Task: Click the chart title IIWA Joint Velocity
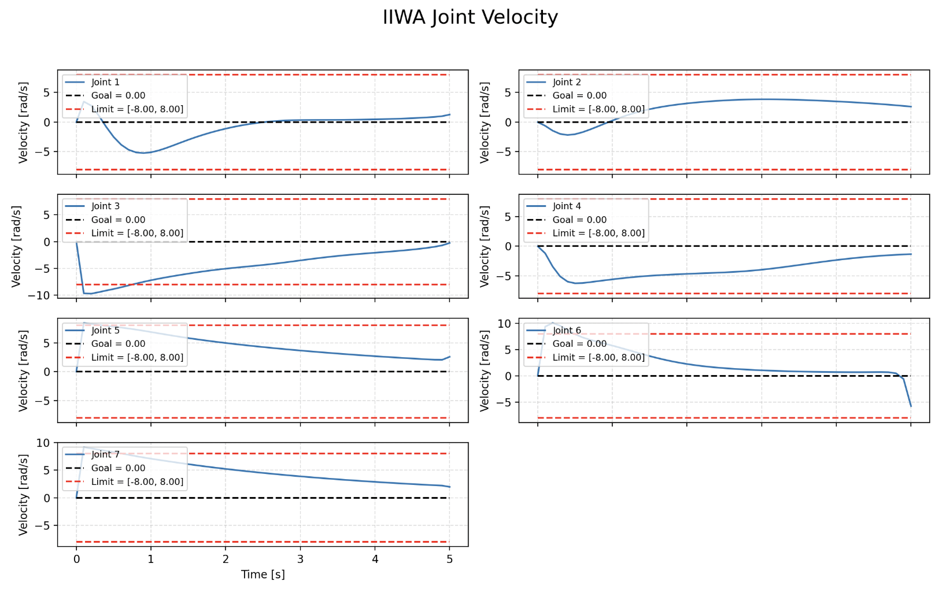tap(470, 17)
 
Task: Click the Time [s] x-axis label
tap(263, 575)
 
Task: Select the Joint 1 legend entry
tap(105, 82)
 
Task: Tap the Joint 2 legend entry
tap(567, 82)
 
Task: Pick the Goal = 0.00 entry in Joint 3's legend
tap(118, 220)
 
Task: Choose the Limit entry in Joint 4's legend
tap(598, 233)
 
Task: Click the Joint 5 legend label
tap(105, 330)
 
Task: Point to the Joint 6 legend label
tap(567, 330)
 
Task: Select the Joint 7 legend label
tap(105, 454)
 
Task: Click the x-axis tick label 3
tap(300, 559)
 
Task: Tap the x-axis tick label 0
tap(76, 559)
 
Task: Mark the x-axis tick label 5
tap(449, 559)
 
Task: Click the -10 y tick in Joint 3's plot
tap(43, 295)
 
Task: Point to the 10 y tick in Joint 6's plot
tap(504, 323)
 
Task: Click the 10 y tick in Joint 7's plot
tap(43, 443)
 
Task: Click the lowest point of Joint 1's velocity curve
tap(144, 153)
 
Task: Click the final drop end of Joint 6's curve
tap(911, 406)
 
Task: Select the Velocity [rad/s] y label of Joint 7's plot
tap(23, 495)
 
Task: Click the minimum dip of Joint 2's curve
tap(568, 135)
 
